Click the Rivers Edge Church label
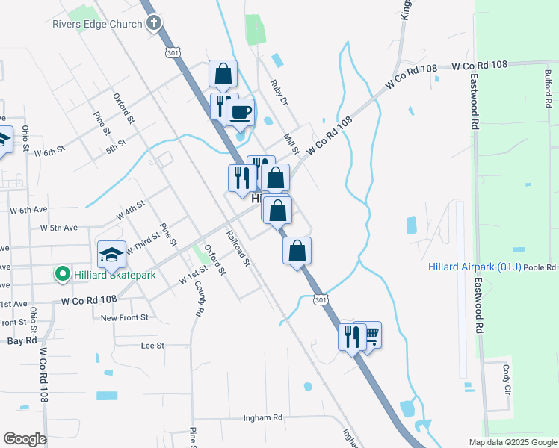point(97,24)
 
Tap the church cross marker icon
point(155,23)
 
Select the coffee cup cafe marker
point(240,113)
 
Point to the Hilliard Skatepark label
point(115,275)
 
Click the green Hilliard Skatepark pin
point(63,275)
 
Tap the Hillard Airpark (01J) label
point(475,267)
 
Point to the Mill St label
point(291,145)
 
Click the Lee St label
point(152,346)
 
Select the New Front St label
point(125,317)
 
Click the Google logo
point(25,439)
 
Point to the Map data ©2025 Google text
point(513,442)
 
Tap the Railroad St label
point(239,249)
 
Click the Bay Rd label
point(22,340)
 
